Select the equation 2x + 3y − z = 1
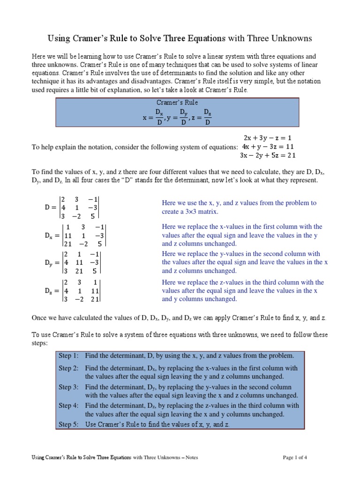268,138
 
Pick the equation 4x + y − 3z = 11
268,146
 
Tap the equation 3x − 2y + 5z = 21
268,155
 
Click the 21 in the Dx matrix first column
68,244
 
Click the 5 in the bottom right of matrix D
93,216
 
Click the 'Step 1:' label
68,356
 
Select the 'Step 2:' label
68,368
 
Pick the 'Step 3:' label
68,387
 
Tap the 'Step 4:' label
68,405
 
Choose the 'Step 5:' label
68,424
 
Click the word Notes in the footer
189,457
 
